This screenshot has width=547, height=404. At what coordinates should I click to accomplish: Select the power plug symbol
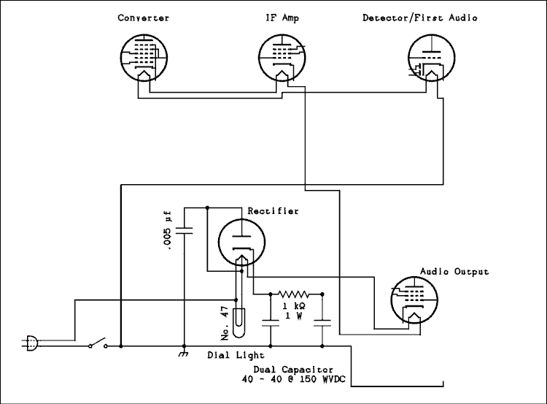coord(31,341)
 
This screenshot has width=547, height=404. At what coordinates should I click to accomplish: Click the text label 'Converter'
coord(144,18)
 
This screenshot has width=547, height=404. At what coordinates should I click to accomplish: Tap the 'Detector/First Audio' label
coord(420,18)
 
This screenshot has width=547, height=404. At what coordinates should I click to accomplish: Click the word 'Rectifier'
coord(273,211)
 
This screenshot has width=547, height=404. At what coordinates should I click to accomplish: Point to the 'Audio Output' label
coord(454,272)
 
